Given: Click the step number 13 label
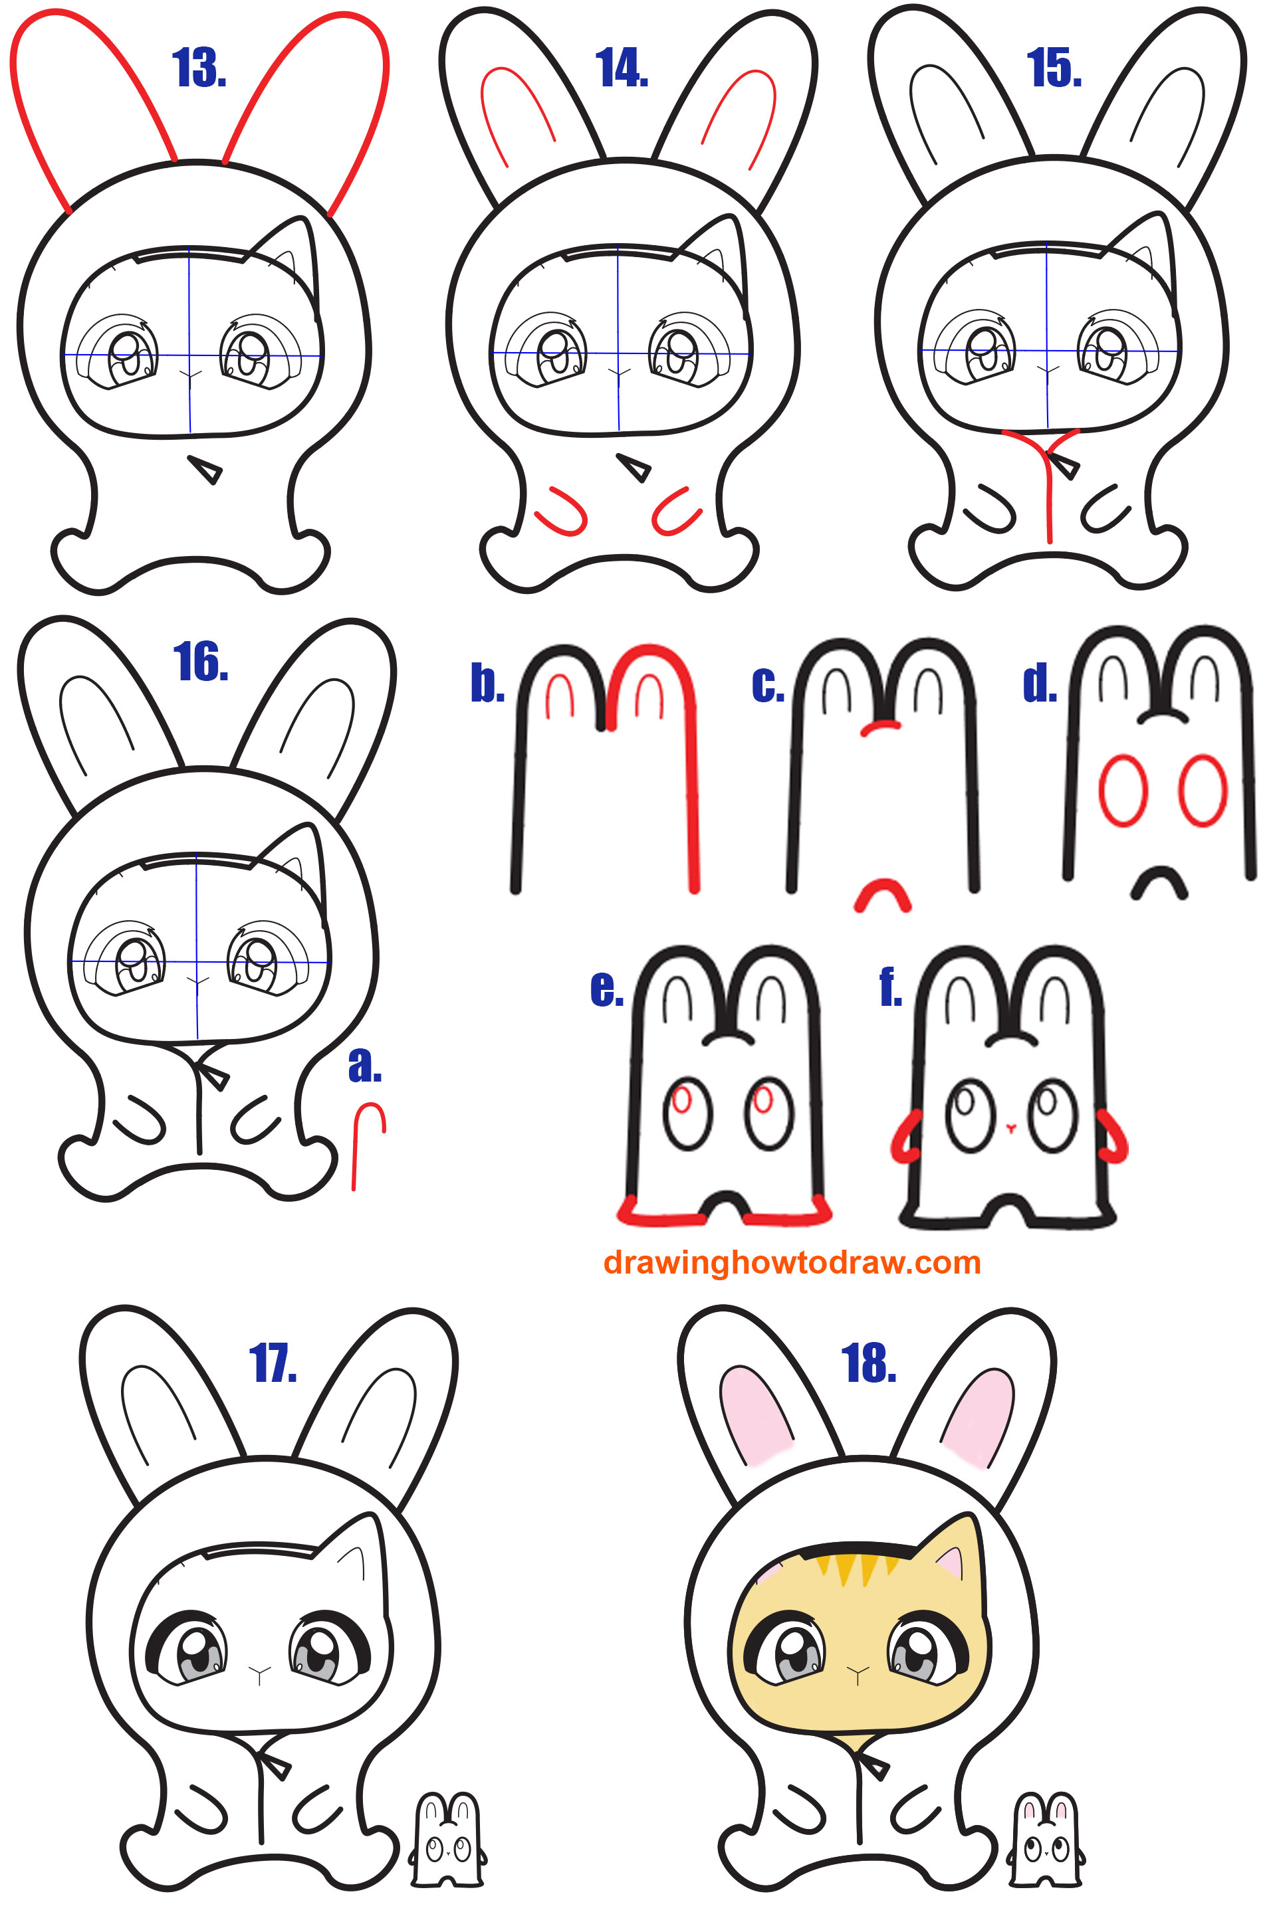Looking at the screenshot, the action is pyautogui.click(x=199, y=68).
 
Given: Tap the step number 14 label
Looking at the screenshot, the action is pyautogui.click(x=622, y=68).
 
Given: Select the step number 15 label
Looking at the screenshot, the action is pyautogui.click(x=1054, y=68).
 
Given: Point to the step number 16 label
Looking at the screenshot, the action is pyautogui.click(x=201, y=662).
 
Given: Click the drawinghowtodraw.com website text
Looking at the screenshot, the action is pyautogui.click(x=792, y=1262).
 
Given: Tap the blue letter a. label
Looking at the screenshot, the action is pyautogui.click(x=365, y=1066).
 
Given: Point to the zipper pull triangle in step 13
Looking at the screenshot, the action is pyautogui.click(x=205, y=469).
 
